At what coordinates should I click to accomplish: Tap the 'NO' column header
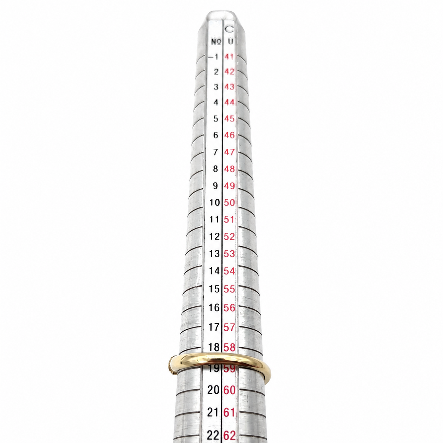[x=216, y=42]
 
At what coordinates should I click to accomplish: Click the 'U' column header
[x=230, y=42]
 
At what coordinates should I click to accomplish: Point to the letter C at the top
[x=229, y=29]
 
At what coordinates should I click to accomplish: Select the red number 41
[x=229, y=57]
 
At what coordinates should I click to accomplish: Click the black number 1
[x=216, y=57]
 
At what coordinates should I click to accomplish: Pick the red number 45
[x=229, y=119]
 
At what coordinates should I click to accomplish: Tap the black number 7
[x=215, y=152]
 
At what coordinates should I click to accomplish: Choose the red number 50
[x=229, y=202]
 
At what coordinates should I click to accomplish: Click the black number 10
[x=215, y=202]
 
